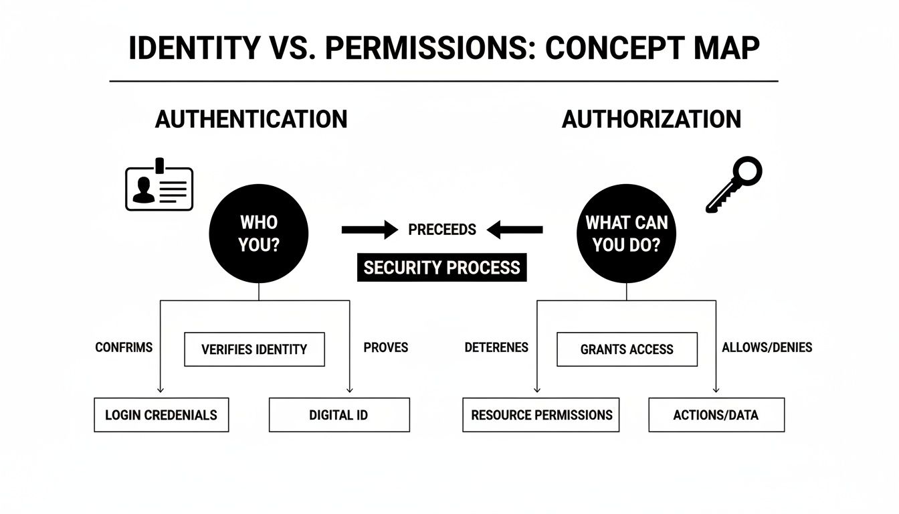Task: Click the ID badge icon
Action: pyautogui.click(x=159, y=186)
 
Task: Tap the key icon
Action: pyautogui.click(x=734, y=183)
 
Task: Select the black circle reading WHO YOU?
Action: pyautogui.click(x=259, y=233)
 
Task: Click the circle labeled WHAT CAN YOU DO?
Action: pyautogui.click(x=626, y=233)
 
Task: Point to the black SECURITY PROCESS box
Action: pyautogui.click(x=441, y=268)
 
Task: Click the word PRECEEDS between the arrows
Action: pyautogui.click(x=442, y=230)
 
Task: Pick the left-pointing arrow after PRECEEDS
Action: pyautogui.click(x=515, y=230)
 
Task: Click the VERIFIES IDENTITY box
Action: pyautogui.click(x=254, y=349)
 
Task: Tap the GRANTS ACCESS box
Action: pyautogui.click(x=627, y=349)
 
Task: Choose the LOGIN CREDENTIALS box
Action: pyautogui.click(x=161, y=415)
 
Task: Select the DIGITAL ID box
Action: pyautogui.click(x=338, y=415)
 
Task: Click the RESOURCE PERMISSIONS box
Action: pyautogui.click(x=541, y=415)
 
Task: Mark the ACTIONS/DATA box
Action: pyautogui.click(x=716, y=415)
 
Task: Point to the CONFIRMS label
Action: pyautogui.click(x=124, y=347)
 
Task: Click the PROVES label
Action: pyautogui.click(x=385, y=347)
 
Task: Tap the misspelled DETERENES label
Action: pyautogui.click(x=496, y=347)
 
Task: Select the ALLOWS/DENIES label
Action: pyautogui.click(x=767, y=347)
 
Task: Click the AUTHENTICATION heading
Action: pyautogui.click(x=251, y=119)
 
